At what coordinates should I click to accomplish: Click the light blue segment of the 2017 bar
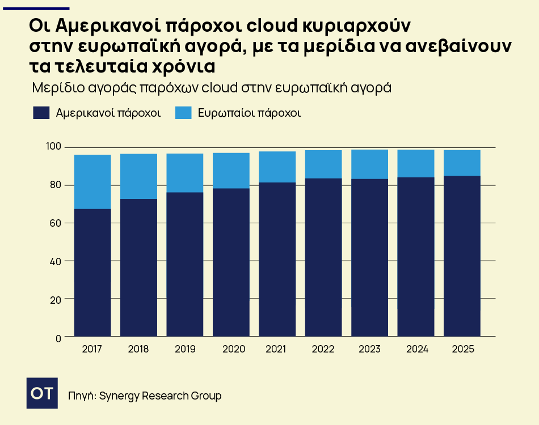tap(92, 181)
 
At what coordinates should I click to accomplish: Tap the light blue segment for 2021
tap(277, 167)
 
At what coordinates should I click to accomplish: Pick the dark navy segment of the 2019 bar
tap(184, 264)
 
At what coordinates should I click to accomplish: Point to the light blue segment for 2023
tap(369, 164)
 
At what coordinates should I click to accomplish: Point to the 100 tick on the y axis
tap(53, 147)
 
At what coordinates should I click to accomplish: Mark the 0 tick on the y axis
tap(58, 338)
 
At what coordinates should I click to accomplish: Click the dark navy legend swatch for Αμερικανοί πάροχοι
tap(41, 112)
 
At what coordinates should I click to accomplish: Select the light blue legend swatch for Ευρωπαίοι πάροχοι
tap(183, 112)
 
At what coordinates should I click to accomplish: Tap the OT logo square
tap(43, 392)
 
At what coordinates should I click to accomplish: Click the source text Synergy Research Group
tap(160, 396)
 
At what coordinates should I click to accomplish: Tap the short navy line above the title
tap(36, 8)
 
